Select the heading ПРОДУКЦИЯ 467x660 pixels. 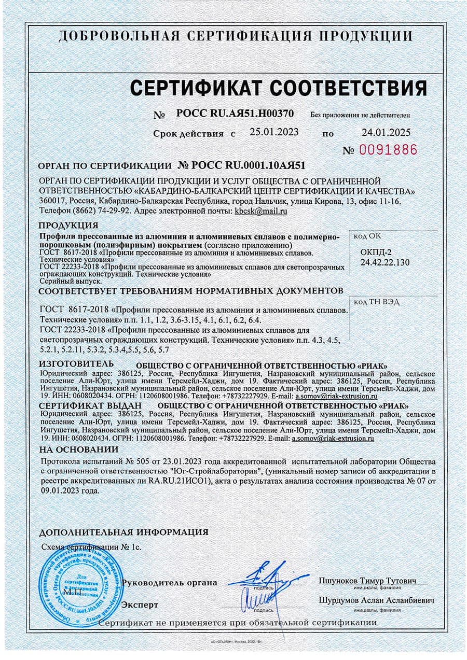click(68, 225)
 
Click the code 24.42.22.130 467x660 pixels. click(384, 262)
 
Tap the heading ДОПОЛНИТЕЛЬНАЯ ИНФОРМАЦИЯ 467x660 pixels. click(124, 532)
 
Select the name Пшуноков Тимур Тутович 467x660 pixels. click(367, 581)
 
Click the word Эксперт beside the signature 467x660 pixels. click(140, 605)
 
